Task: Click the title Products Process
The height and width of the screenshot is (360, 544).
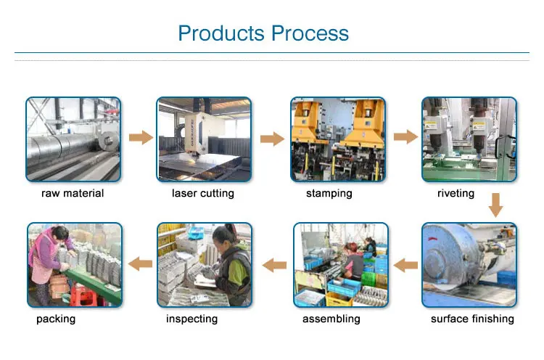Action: coord(263,33)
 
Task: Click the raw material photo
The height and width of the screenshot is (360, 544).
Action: coord(73,139)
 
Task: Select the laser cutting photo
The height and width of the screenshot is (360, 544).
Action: coord(204,139)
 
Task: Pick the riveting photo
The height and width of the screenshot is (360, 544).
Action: coord(469,139)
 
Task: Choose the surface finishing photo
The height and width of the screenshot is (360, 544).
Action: coord(469,265)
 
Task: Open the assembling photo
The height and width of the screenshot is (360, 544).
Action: coord(339,265)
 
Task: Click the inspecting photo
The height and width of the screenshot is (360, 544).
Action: coord(205,265)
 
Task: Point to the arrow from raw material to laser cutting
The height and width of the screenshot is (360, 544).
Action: coord(140,137)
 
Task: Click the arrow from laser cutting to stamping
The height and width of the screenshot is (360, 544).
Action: coord(271,138)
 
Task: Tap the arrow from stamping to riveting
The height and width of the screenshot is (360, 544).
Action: coord(405,136)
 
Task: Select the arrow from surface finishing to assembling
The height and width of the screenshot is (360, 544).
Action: coord(404,266)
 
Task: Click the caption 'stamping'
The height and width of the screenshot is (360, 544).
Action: coord(329,194)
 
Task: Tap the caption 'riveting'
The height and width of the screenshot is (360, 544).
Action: coord(456,194)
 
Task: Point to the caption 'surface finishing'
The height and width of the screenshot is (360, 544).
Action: coord(472,319)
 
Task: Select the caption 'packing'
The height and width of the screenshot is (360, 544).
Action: coord(56,319)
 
